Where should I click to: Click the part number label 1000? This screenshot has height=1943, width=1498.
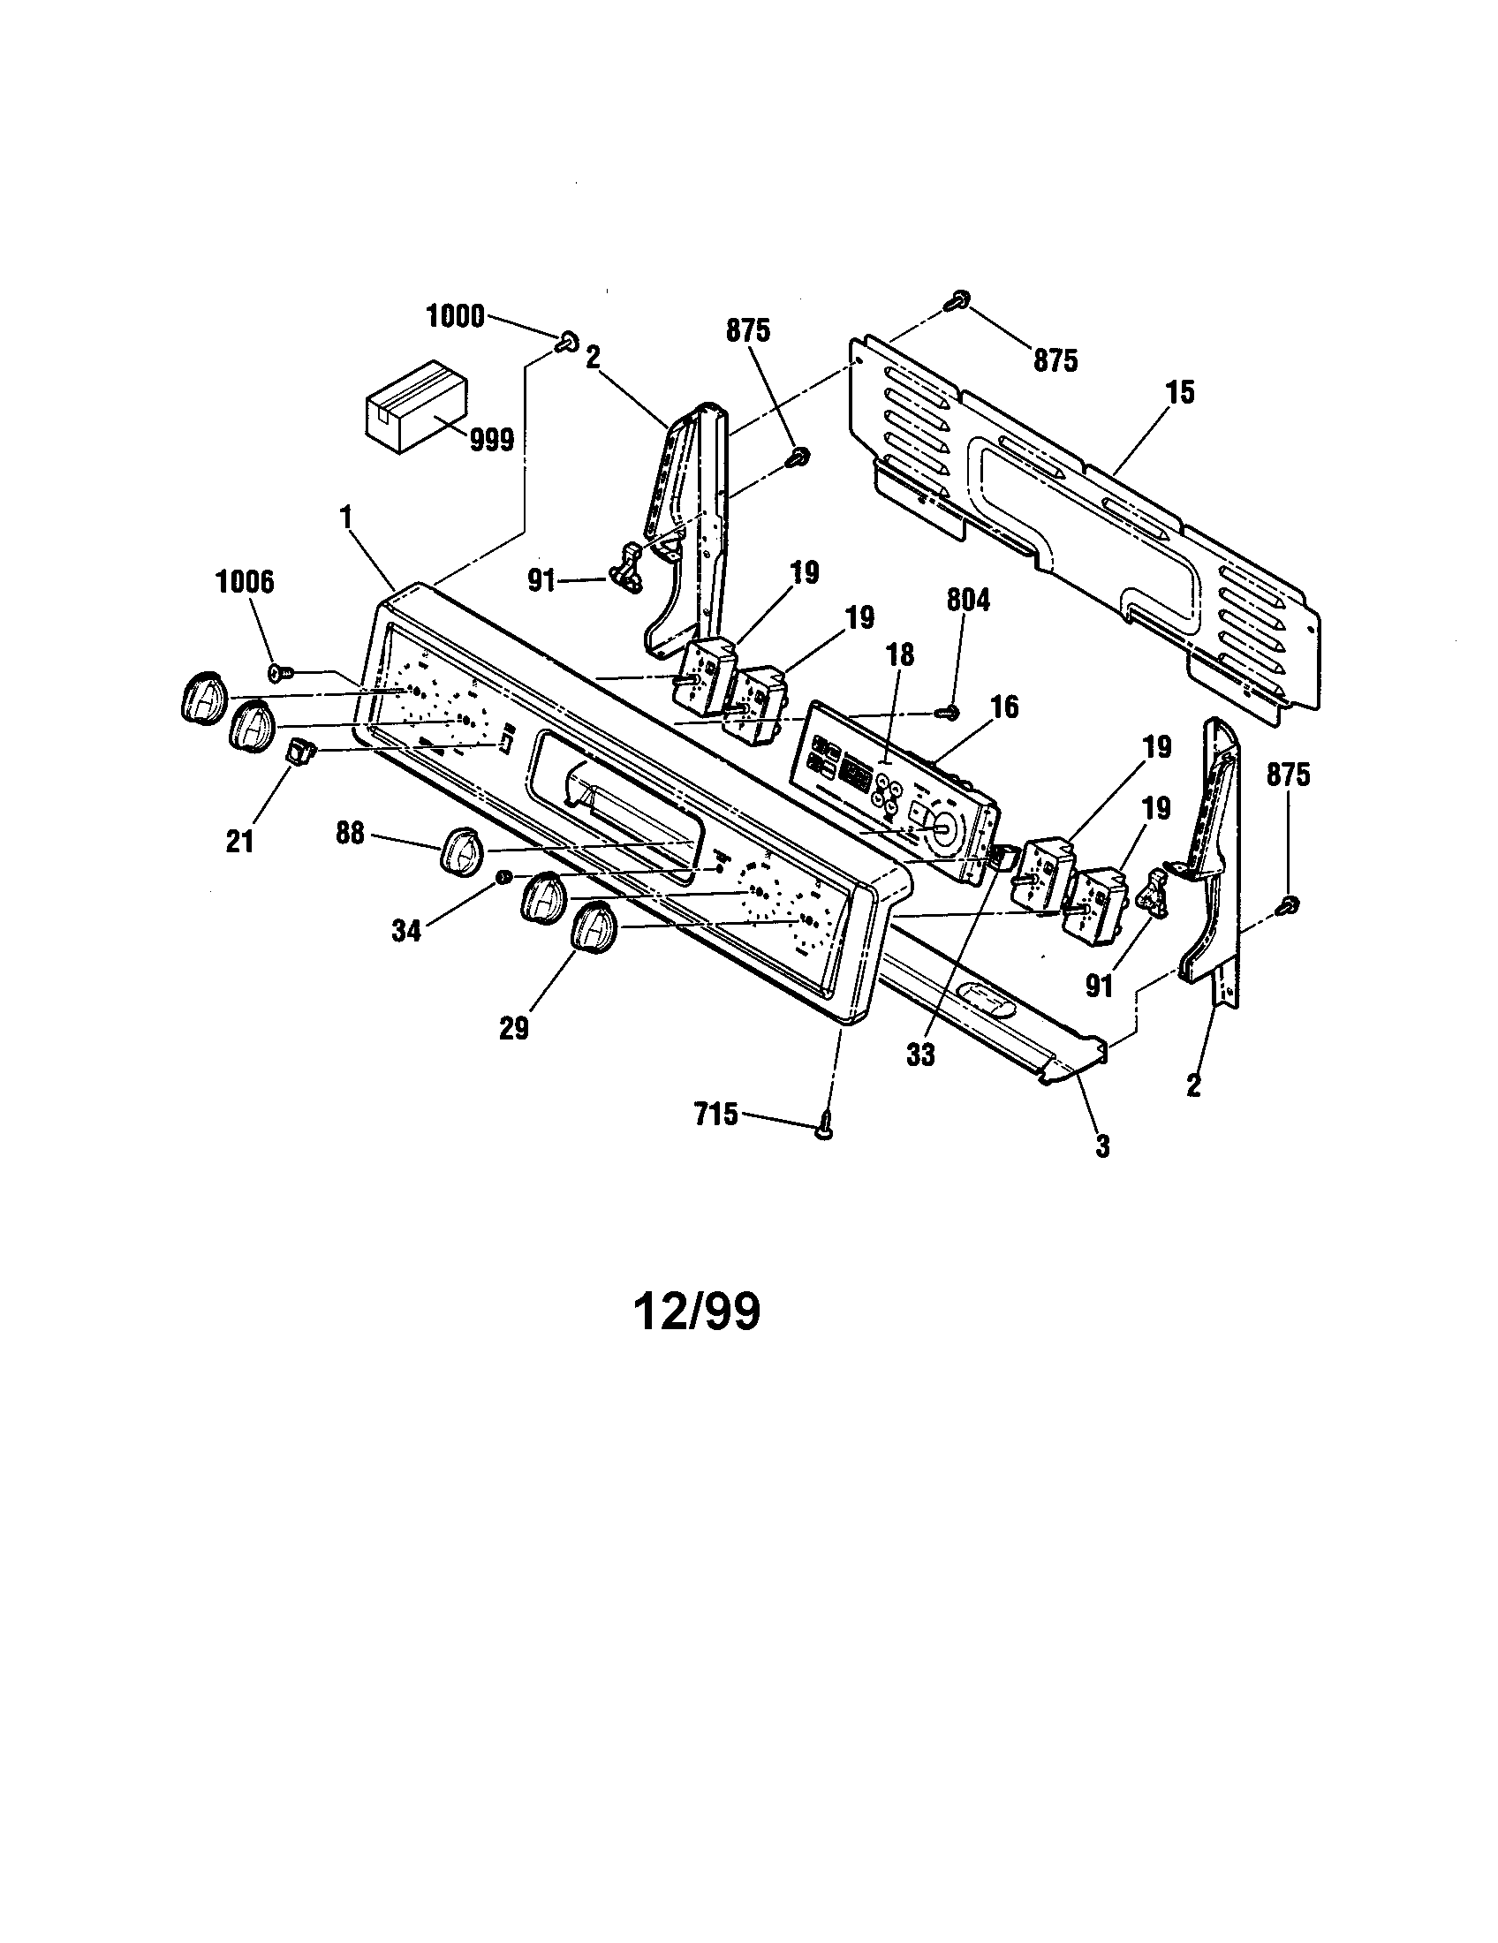456,316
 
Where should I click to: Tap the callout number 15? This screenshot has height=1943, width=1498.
1180,392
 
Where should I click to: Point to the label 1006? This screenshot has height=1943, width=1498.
246,583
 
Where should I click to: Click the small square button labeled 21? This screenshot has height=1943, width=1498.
297,752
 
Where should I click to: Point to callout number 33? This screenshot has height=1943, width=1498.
920,1055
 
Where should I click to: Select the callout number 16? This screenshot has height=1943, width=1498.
1003,707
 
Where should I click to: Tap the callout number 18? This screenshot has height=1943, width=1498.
900,655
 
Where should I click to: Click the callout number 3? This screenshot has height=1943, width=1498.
1102,1146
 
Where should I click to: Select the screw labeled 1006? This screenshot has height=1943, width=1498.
276,671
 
